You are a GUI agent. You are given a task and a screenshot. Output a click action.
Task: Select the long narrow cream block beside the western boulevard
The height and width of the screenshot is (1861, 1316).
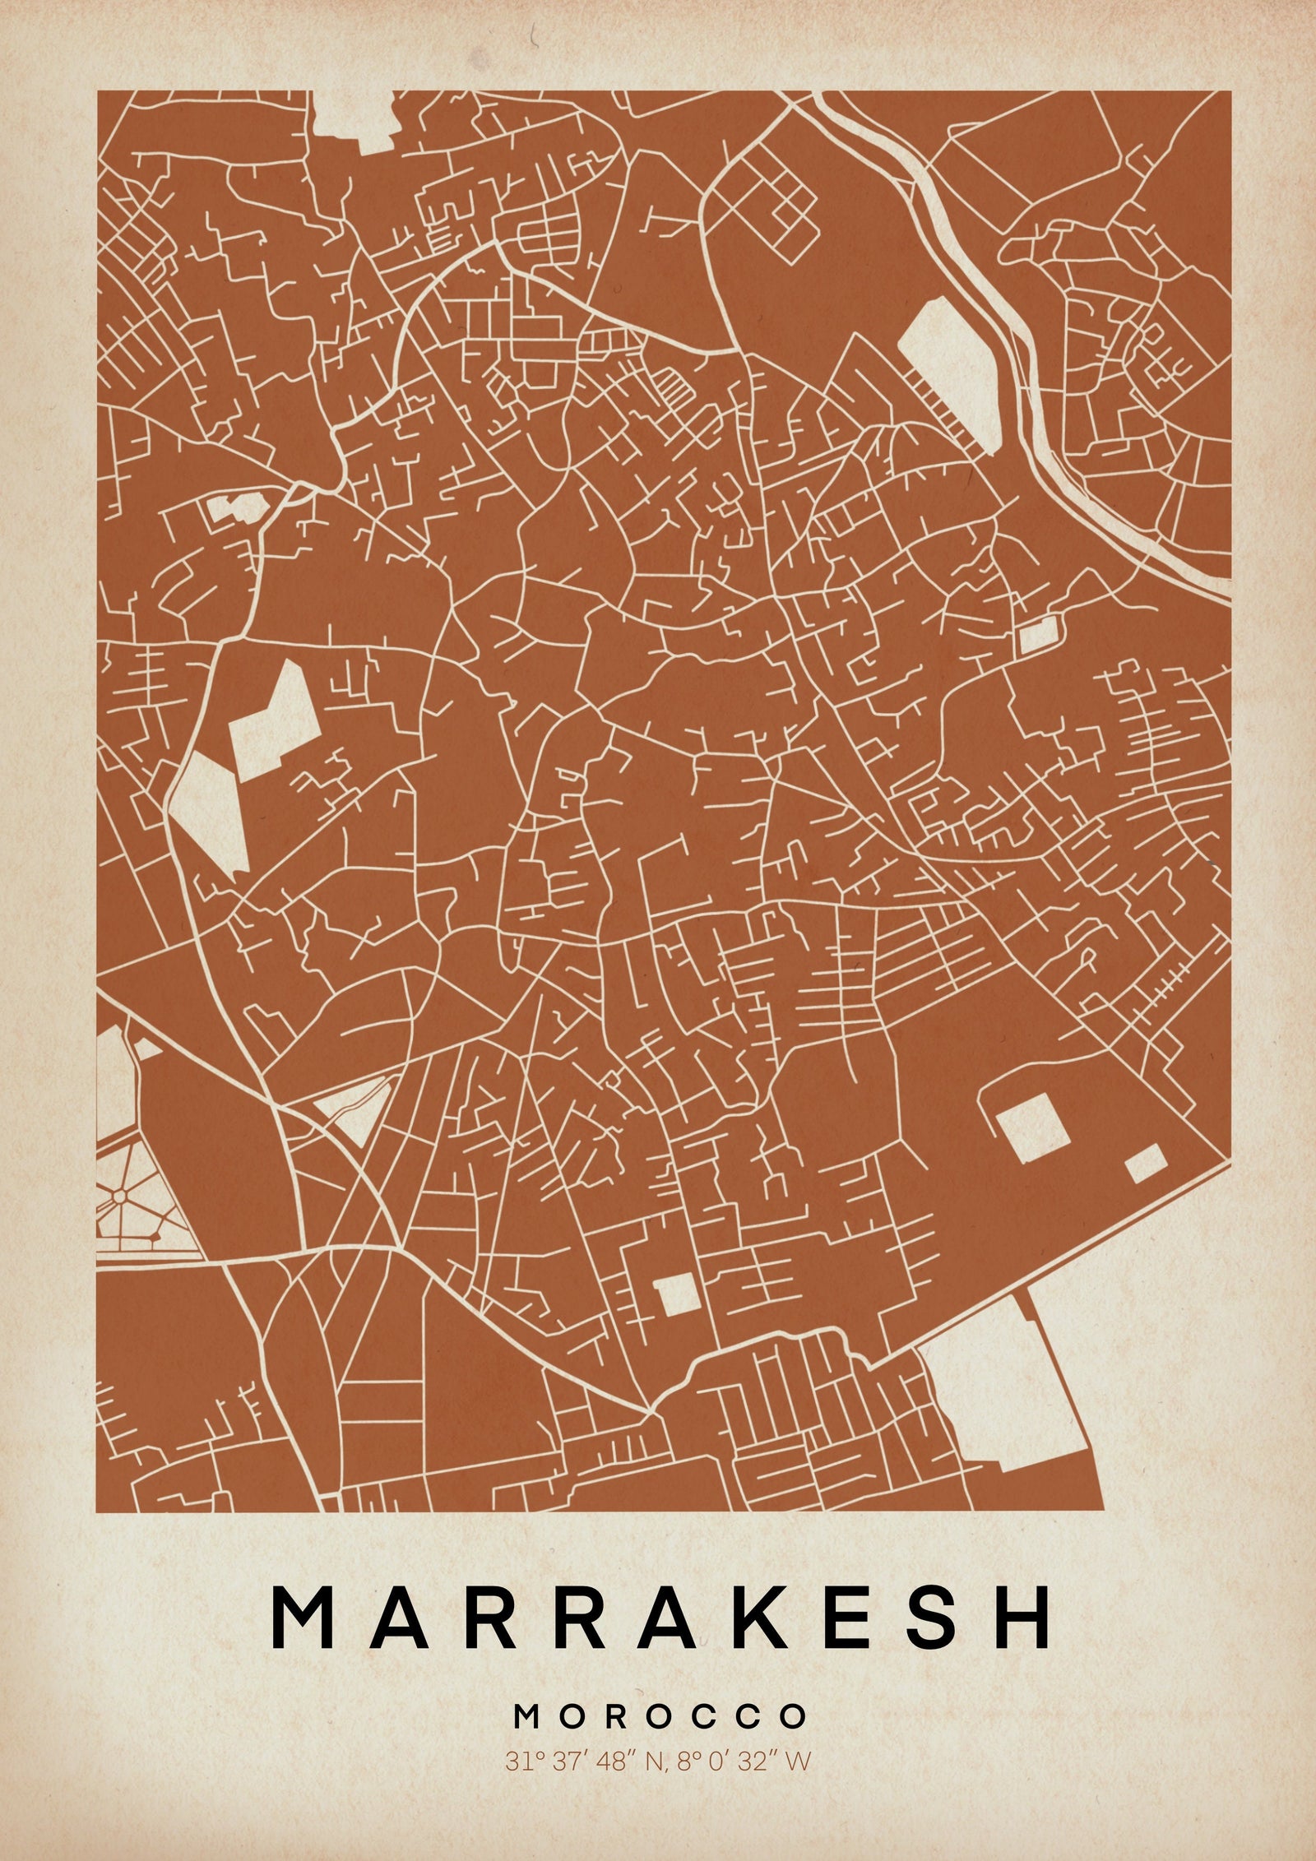206,809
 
